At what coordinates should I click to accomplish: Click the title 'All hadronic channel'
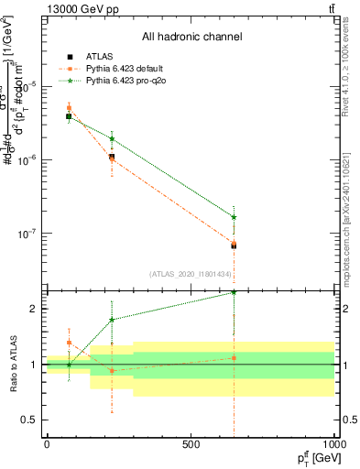coord(191,38)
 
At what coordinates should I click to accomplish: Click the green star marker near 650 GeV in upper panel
coord(234,217)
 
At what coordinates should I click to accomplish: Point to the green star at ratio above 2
coord(234,292)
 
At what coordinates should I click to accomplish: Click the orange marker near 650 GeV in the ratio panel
coord(234,358)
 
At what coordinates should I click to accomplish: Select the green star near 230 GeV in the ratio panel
coord(112,320)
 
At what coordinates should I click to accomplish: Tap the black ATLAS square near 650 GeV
coord(234,245)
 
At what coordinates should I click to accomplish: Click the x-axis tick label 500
coord(191,444)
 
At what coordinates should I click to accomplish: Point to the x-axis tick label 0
coord(47,444)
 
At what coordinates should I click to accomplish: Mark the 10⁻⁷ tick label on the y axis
coord(26,234)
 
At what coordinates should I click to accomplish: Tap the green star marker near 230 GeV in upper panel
coord(112,138)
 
